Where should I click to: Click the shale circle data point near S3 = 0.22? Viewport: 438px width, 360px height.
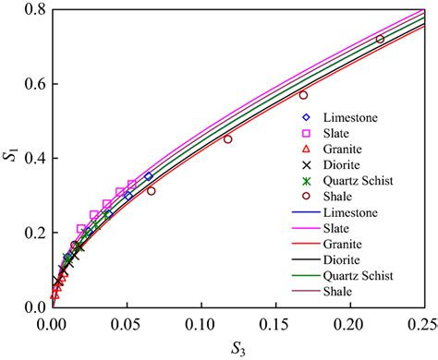(380, 39)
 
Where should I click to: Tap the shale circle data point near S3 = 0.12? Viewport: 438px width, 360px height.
(228, 139)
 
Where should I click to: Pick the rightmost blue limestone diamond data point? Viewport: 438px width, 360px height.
(149, 176)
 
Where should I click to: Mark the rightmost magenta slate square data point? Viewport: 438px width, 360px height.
(131, 185)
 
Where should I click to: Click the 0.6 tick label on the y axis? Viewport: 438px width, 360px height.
(32, 84)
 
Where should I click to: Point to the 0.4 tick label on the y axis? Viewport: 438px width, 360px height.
(32, 158)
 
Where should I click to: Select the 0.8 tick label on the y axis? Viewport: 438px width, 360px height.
(32, 10)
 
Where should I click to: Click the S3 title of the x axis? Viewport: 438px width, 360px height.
(237, 348)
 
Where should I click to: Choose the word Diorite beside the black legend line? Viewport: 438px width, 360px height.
(343, 259)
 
